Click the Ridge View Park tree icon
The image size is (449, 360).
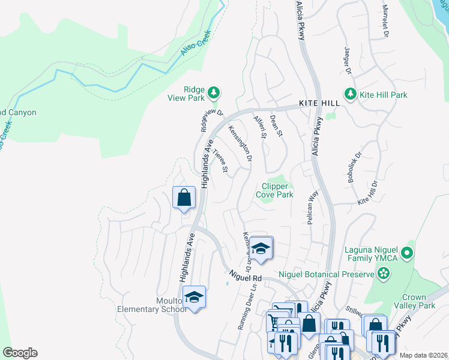pyautogui.click(x=214, y=93)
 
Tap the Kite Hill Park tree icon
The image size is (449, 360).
pyautogui.click(x=350, y=94)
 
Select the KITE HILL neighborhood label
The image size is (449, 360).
pyautogui.click(x=316, y=103)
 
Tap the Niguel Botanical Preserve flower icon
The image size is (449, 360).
pyautogui.click(x=384, y=274)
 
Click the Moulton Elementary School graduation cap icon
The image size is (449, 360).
pyautogui.click(x=194, y=297)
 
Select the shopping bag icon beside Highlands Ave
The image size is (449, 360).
pyautogui.click(x=184, y=197)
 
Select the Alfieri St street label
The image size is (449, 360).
pyautogui.click(x=260, y=127)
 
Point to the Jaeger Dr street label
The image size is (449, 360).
pyautogui.click(x=347, y=61)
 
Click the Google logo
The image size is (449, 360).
pyautogui.click(x=20, y=353)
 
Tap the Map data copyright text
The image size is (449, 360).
pyautogui.click(x=423, y=355)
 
